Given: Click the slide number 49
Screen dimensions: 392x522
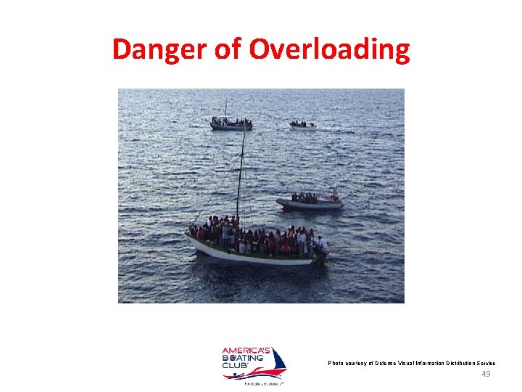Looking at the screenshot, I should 486,375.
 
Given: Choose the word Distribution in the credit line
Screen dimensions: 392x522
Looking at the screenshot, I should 471,363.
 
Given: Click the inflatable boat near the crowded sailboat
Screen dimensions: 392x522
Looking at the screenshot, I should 310,203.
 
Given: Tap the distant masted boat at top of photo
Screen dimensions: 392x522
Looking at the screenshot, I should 231,123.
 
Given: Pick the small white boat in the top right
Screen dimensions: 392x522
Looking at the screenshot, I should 302,126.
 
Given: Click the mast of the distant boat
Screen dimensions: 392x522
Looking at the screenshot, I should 225,109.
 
